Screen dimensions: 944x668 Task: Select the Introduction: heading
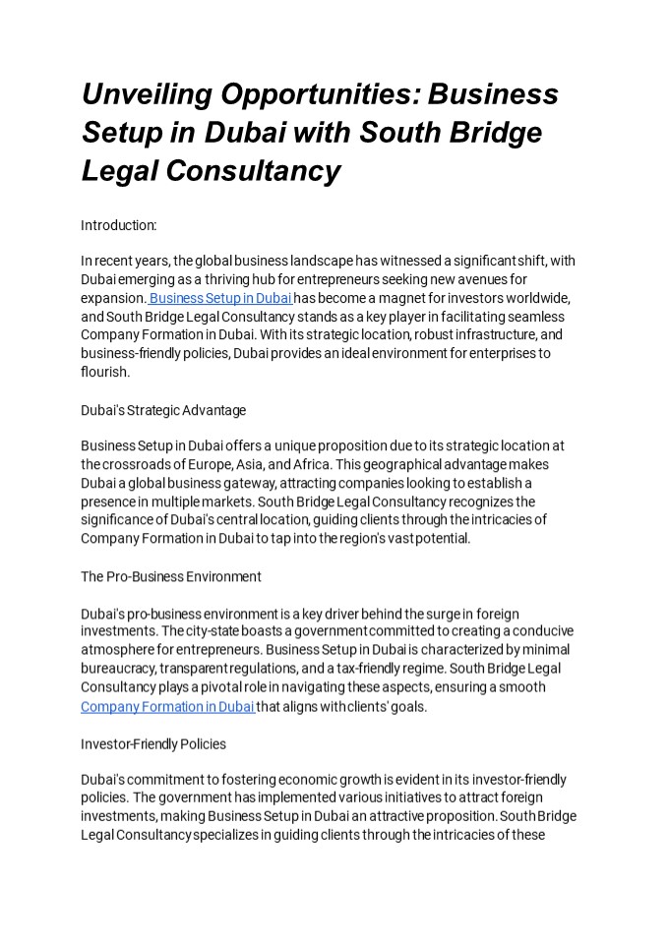[119, 225]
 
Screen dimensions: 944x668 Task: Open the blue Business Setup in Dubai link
[220, 298]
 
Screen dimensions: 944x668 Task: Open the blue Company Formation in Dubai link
[167, 706]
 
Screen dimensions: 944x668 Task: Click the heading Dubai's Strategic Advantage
[163, 409]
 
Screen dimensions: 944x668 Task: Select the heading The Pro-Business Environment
[171, 575]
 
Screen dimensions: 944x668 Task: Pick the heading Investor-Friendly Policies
[153, 743]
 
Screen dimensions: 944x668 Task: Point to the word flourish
[105, 373]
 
